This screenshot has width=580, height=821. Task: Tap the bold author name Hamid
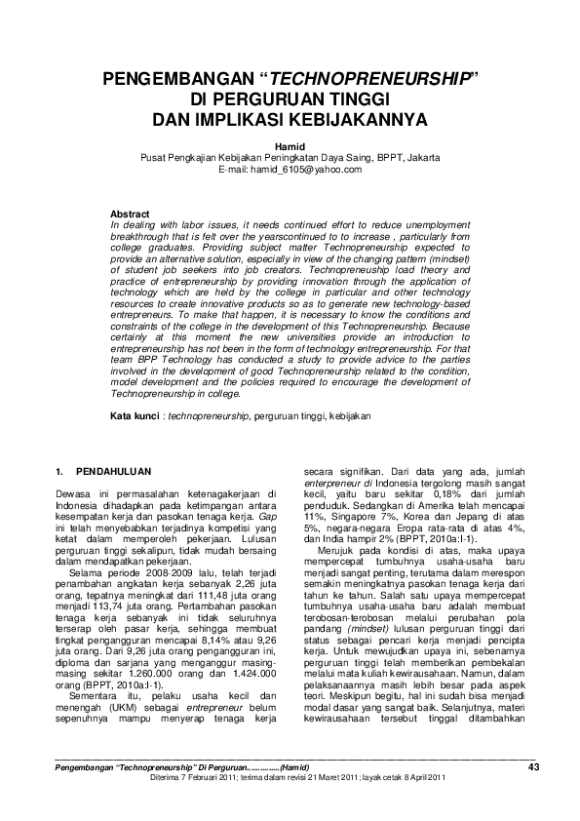point(290,145)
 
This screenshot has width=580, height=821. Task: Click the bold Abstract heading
point(130,213)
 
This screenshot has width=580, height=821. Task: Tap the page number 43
point(533,767)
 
